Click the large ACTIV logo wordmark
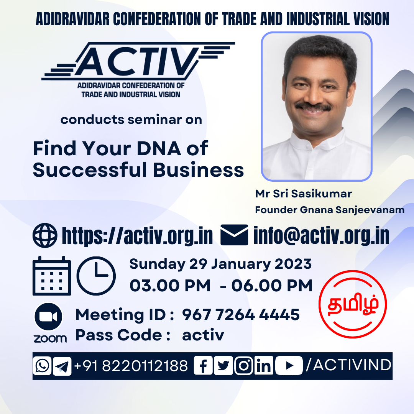click(138, 61)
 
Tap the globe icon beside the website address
click(45, 235)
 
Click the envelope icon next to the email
click(234, 235)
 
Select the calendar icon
click(52, 276)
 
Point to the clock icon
click(96, 276)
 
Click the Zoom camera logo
click(48, 316)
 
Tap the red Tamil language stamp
click(353, 304)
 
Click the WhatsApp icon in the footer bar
click(42, 366)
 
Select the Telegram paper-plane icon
click(62, 366)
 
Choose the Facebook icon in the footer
click(203, 365)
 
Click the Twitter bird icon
click(223, 365)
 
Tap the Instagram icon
click(243, 365)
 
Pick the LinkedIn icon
click(264, 365)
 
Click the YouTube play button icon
click(289, 365)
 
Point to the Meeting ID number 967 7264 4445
click(241, 314)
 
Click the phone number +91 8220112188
click(131, 366)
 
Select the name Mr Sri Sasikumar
click(303, 194)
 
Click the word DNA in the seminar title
click(159, 148)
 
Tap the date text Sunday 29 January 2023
click(220, 264)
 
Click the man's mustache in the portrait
click(313, 107)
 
